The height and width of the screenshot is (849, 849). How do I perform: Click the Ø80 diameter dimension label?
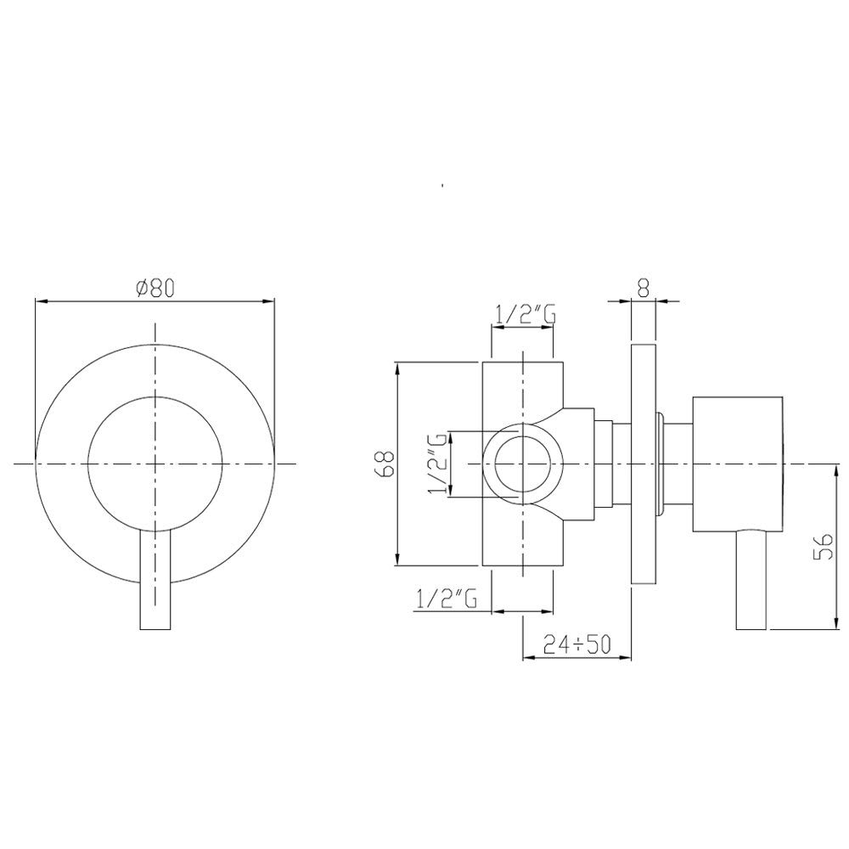click(x=156, y=289)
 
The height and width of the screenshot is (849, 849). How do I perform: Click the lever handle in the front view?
click(x=155, y=579)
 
